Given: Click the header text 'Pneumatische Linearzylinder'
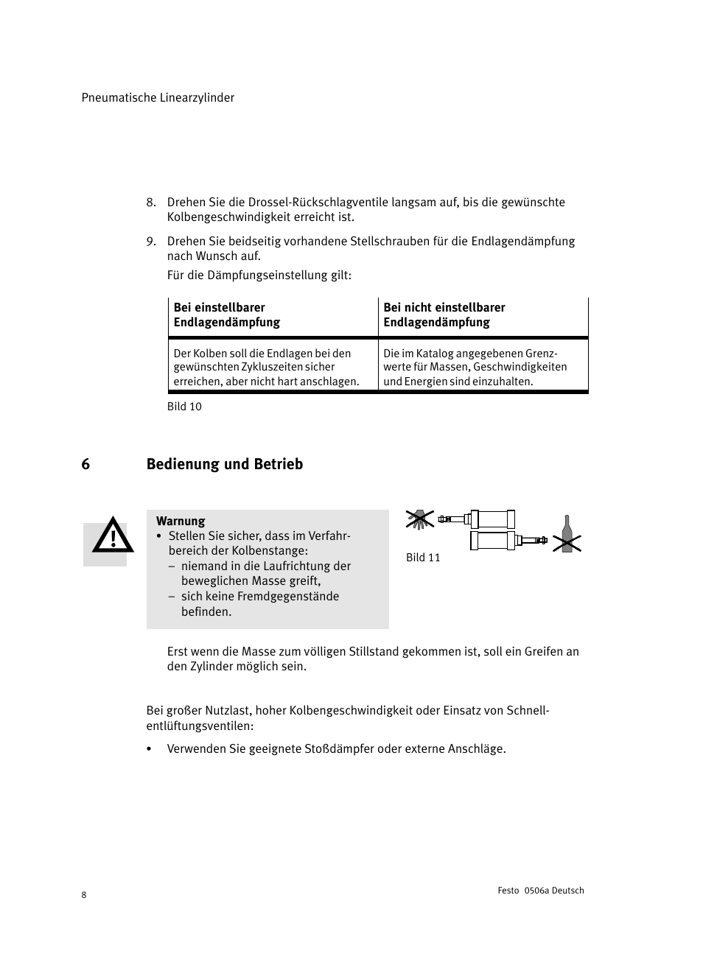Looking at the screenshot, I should click(x=158, y=98).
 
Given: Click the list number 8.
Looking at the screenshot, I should click(x=150, y=203).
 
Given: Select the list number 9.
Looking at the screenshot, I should click(x=150, y=242).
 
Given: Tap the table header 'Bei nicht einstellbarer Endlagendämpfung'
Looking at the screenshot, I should click(x=444, y=315).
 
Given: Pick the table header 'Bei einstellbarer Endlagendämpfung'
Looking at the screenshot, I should click(x=227, y=315).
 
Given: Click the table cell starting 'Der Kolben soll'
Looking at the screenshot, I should click(x=266, y=368).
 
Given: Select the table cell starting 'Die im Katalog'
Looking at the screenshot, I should click(x=475, y=368).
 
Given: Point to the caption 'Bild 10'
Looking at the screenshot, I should click(x=184, y=407).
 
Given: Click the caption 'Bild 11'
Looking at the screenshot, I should click(x=423, y=558).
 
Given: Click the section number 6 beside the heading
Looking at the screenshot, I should click(x=85, y=464).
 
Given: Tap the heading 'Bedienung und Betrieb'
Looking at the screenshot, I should click(x=225, y=464).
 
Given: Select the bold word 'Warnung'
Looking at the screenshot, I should click(x=181, y=522).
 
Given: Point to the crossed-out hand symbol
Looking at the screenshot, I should click(x=419, y=519).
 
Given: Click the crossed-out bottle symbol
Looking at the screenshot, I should click(x=567, y=536).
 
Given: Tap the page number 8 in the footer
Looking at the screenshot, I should click(x=84, y=895).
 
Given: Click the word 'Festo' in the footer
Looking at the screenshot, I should click(x=508, y=891).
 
